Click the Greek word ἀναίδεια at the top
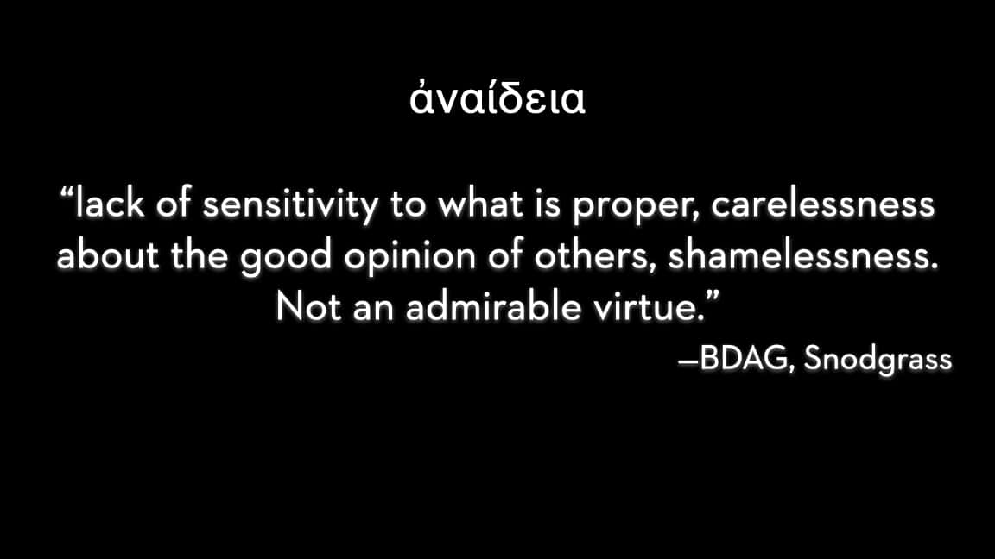497,99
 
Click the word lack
110,204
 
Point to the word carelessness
822,205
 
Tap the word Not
309,307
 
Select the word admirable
494,307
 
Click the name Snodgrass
878,360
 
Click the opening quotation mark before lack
67,192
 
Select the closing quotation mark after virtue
713,297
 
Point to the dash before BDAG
688,362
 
